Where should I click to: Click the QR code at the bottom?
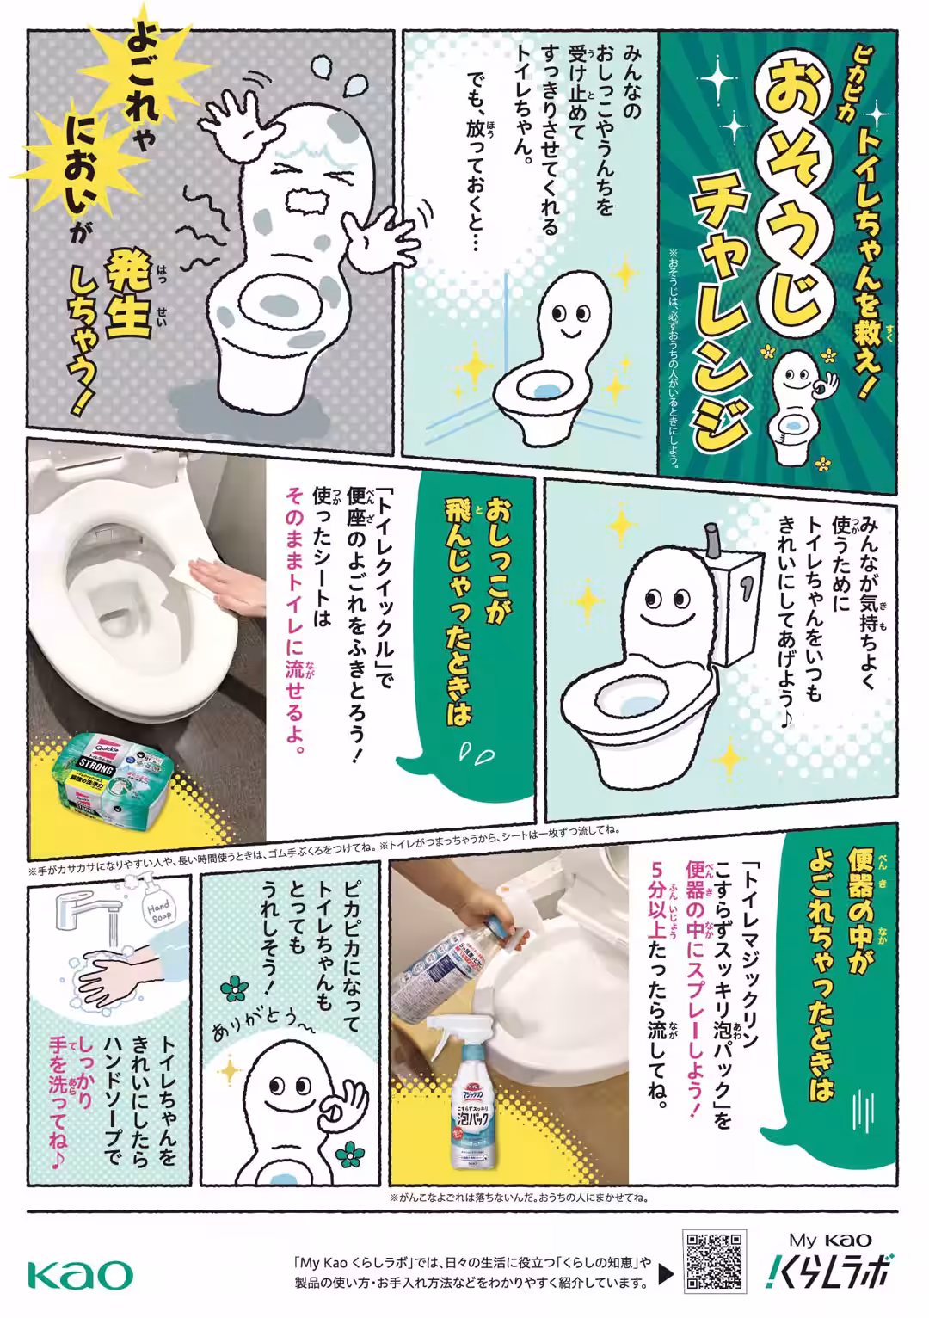pos(713,1260)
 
